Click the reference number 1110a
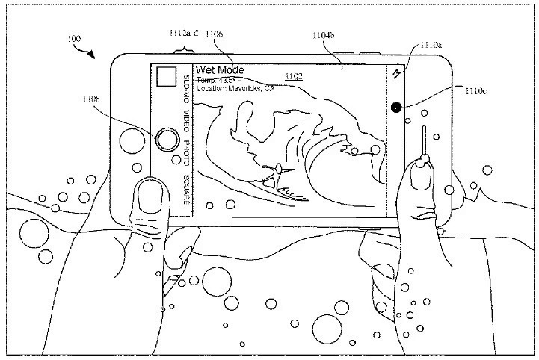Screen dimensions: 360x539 (432, 46)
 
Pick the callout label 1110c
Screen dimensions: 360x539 (475, 92)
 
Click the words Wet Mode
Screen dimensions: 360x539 (220, 70)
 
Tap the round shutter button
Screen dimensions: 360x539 (168, 139)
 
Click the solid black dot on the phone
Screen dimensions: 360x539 (395, 107)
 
